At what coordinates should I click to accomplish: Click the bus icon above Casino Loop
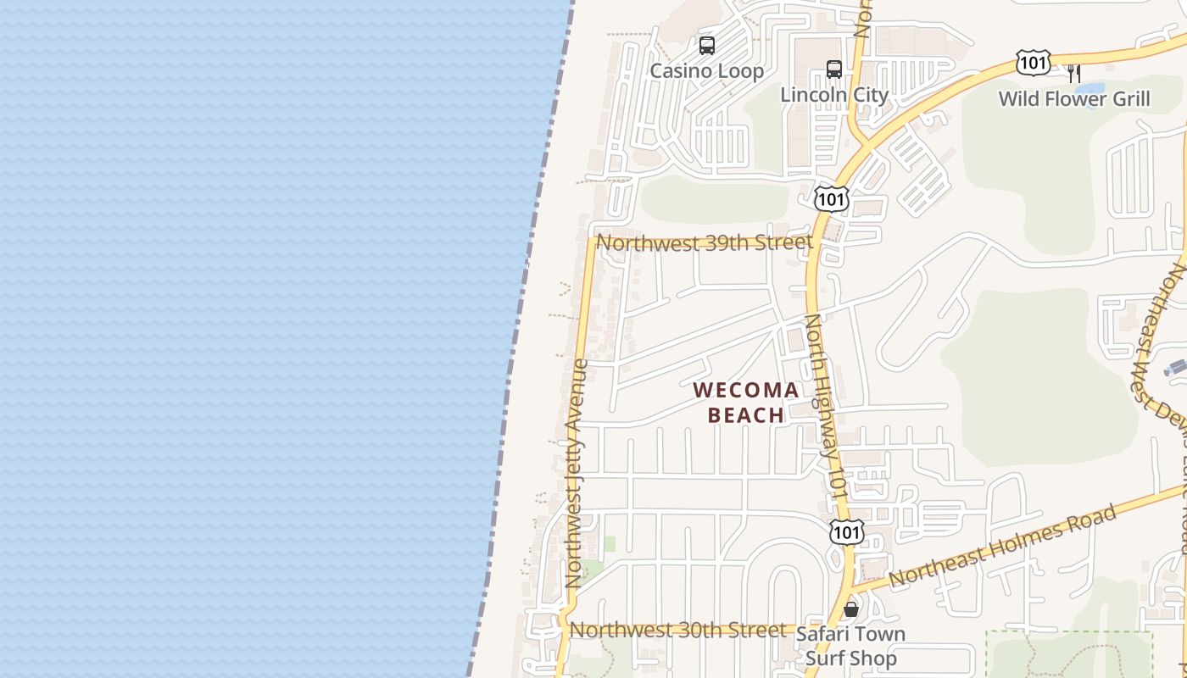[706, 46]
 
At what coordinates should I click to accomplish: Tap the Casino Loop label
[706, 71]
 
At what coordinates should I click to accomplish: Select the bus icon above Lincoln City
[834, 69]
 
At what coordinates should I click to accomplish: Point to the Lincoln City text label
[833, 94]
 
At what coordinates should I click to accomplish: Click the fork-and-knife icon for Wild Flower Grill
[1073, 73]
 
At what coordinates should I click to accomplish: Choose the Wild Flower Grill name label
[1073, 99]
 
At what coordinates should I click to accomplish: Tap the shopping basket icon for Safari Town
[851, 609]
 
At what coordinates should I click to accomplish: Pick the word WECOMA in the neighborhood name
[746, 391]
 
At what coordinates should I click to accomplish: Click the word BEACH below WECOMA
[746, 415]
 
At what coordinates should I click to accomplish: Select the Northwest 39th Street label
[704, 243]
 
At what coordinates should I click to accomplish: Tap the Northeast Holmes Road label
[1004, 547]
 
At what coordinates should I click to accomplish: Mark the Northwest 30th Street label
[677, 631]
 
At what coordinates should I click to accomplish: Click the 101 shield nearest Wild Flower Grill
[1033, 63]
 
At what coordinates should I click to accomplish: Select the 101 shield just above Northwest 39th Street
[830, 199]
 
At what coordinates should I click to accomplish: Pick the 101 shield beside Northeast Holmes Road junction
[846, 532]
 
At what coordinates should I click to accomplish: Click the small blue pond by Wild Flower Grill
[1089, 88]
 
